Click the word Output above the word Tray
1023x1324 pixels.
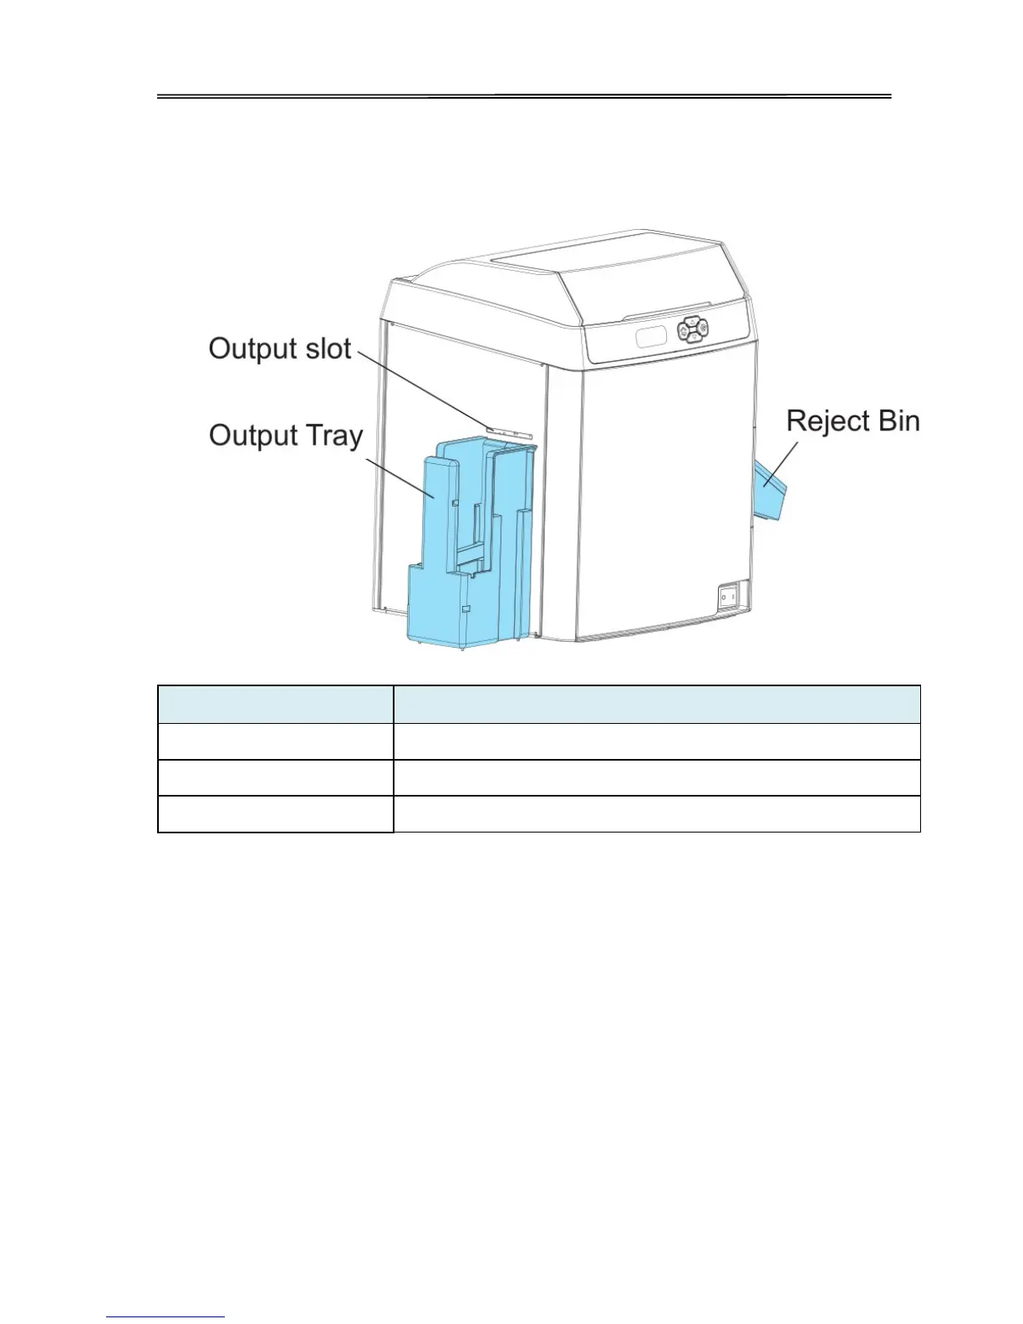coord(252,435)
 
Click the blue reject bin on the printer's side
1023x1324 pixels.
coord(772,496)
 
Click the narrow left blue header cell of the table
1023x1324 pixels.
coord(275,705)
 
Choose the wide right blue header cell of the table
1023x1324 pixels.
coord(657,705)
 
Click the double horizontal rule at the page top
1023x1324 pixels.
coord(525,97)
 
